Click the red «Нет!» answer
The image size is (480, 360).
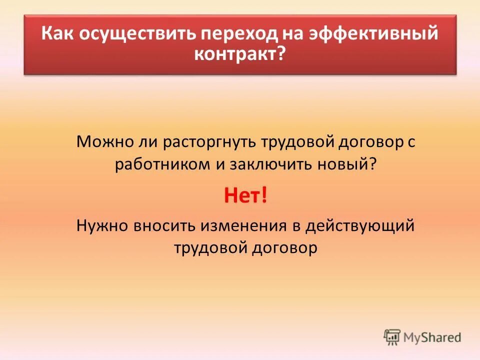coord(245,195)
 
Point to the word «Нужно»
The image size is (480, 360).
coord(102,225)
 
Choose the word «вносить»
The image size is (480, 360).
coord(165,225)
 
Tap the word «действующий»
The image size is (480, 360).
coord(360,225)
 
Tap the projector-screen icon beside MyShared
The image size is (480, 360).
coord(392,337)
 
